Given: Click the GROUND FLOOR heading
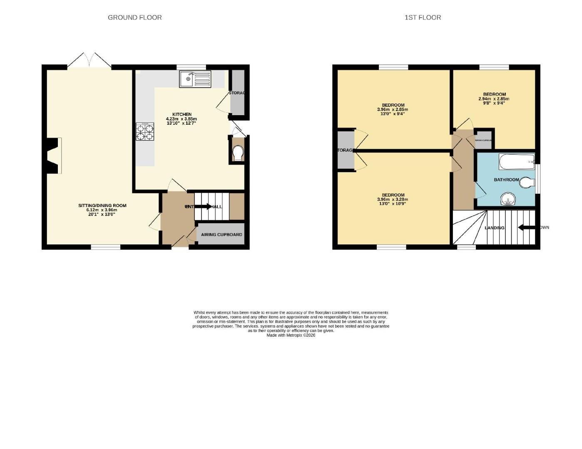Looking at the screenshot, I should tap(134, 17).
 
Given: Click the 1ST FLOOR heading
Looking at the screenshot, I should tap(423, 17).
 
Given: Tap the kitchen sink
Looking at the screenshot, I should tap(195, 79).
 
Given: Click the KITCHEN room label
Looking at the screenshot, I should tap(182, 114).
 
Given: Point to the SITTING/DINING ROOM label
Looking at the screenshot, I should tap(102, 205).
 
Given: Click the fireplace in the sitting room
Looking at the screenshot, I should tap(54, 156).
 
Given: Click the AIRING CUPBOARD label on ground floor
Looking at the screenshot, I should tap(221, 234).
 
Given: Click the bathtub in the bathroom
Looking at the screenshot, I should tap(517, 162).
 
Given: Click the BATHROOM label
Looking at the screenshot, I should tap(506, 180).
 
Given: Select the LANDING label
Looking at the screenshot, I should tap(495, 228).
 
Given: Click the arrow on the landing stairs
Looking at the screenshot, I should tap(526, 227).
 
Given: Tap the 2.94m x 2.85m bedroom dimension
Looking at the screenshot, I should tap(494, 99).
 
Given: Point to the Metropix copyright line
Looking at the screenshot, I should tap(291, 335).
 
